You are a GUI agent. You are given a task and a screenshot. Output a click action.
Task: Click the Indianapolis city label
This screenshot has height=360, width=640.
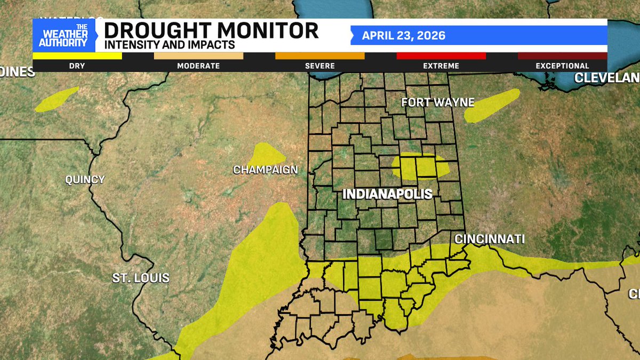[387, 194]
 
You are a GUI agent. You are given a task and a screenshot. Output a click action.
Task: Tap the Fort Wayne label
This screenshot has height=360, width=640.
[437, 102]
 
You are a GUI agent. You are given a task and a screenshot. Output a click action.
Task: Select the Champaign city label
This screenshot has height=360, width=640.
[265, 170]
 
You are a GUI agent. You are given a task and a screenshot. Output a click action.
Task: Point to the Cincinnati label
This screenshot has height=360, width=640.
[489, 239]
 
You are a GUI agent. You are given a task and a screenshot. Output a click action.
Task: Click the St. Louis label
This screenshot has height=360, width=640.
[141, 278]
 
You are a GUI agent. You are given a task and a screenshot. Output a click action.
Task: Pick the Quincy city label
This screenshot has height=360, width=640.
[85, 180]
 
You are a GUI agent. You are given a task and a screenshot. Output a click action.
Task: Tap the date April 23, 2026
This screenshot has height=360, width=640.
[404, 36]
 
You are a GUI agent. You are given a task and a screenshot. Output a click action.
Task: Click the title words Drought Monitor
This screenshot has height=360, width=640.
[211, 30]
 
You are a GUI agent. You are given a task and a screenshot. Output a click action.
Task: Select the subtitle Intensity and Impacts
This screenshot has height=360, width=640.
[170, 45]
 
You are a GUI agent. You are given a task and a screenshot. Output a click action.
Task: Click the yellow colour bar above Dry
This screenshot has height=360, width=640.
[77, 55]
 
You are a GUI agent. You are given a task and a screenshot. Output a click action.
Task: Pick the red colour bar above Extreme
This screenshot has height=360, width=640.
[441, 55]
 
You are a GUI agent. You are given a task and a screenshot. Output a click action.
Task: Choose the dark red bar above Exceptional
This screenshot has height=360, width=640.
[562, 55]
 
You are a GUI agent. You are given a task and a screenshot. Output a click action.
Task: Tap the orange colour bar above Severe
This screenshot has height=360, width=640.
[320, 55]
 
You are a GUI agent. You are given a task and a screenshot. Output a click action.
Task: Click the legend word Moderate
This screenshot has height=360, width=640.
[198, 66]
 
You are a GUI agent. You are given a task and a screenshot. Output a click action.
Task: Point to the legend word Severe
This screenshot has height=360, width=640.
[320, 66]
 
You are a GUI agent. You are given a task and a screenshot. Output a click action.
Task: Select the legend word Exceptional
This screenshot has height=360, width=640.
[562, 66]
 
